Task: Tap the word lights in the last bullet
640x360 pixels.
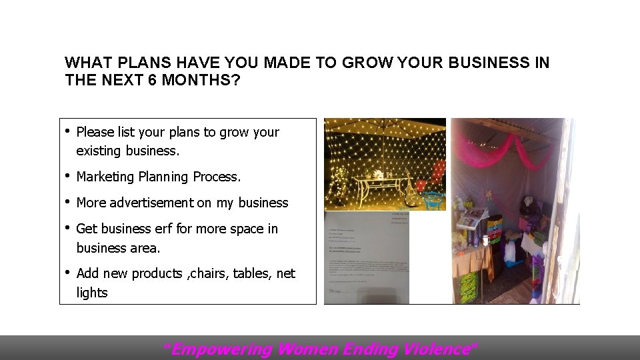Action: [x=92, y=293]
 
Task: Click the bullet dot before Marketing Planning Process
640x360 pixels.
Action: [x=69, y=175]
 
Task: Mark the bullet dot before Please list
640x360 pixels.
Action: [x=69, y=131]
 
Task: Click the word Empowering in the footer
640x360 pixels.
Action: [x=221, y=349]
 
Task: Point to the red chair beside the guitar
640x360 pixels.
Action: [x=435, y=172]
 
